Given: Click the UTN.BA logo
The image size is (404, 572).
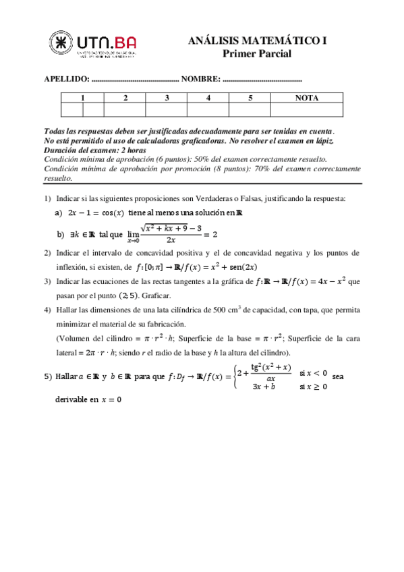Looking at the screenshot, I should (x=94, y=46).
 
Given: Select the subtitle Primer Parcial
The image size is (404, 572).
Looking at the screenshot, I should (x=257, y=54).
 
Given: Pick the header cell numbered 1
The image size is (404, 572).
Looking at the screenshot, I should (x=82, y=98).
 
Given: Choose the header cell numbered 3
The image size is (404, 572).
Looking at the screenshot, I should (x=166, y=98).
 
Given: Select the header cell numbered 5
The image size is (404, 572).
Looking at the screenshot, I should (x=250, y=98).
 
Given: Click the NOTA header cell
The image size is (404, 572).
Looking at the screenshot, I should (x=307, y=98).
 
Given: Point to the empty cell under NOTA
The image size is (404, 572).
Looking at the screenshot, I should (x=307, y=110).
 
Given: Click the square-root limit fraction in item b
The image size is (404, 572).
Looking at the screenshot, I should (x=170, y=233).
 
